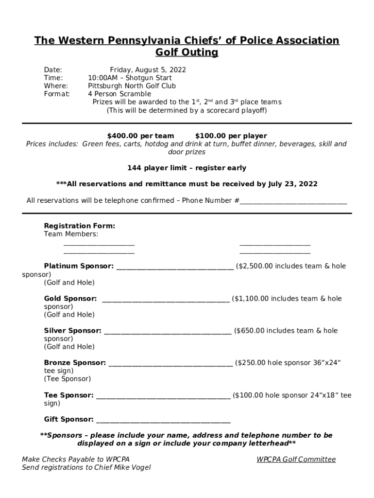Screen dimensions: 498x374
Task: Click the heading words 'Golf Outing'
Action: pyautogui.click(x=187, y=52)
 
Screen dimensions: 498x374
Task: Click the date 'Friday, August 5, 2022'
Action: pyautogui.click(x=148, y=70)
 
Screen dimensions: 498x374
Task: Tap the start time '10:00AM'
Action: pyautogui.click(x=101, y=78)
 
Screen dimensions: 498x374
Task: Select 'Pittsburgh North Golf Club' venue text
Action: pyautogui.click(x=132, y=86)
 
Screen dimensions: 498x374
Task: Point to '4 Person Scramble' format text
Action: pyautogui.click(x=119, y=94)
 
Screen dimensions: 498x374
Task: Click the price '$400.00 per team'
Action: pyautogui.click(x=140, y=136)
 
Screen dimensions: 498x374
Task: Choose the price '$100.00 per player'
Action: pyautogui.click(x=231, y=136)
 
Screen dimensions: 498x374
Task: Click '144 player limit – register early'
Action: pyautogui.click(x=187, y=168)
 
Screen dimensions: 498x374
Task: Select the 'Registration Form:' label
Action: pyautogui.click(x=80, y=226)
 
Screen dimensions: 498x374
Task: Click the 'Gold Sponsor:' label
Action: pyautogui.click(x=70, y=299)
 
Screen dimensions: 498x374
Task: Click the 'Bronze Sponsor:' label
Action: pyautogui.click(x=75, y=363)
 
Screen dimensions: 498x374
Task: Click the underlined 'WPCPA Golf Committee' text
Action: pyautogui.click(x=296, y=460)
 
